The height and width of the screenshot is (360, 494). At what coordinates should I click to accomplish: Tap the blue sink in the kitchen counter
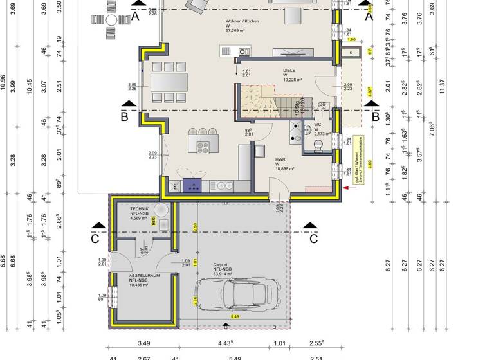point(192,185)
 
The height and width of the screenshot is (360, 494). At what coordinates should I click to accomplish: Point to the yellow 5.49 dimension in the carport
point(235,316)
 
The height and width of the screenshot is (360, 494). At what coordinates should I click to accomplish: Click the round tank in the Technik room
point(162,208)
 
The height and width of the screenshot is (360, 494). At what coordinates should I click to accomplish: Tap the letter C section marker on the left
point(95,240)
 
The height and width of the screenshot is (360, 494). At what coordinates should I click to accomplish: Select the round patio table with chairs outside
point(111,21)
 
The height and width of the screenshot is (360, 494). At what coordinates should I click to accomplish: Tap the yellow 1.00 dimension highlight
point(351,39)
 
